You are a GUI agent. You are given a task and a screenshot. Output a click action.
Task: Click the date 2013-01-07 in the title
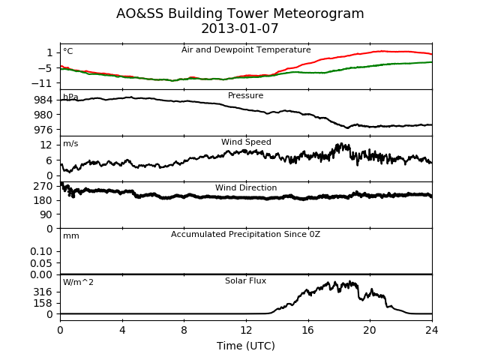(x=240, y=28)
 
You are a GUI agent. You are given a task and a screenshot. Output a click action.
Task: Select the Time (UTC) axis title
(x=246, y=346)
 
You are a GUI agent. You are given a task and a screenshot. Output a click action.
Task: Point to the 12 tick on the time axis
(x=246, y=330)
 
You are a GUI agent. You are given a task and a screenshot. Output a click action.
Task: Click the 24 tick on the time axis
(x=432, y=330)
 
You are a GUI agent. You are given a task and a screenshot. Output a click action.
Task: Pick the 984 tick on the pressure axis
(x=43, y=100)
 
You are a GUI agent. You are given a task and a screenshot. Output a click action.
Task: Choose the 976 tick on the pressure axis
(x=43, y=130)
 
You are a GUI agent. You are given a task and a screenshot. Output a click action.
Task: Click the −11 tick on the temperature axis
(x=42, y=83)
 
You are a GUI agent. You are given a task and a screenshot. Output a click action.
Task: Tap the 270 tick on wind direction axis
(x=43, y=186)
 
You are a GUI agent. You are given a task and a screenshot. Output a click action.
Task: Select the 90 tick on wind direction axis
(x=46, y=214)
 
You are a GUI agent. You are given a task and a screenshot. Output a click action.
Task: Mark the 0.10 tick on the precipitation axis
(x=41, y=252)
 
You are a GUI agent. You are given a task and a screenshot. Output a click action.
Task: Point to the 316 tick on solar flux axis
(x=43, y=292)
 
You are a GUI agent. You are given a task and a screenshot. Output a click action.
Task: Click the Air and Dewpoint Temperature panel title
(x=246, y=50)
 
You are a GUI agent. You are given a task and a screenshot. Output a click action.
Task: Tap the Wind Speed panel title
(x=246, y=142)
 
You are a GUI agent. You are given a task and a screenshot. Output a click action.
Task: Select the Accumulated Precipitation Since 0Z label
(x=245, y=235)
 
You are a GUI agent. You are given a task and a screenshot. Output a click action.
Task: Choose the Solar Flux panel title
(x=245, y=280)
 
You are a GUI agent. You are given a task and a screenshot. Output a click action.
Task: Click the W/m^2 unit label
(x=78, y=282)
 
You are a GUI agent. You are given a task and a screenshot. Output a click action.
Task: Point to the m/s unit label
(x=70, y=143)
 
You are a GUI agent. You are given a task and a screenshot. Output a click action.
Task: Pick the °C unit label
(x=68, y=51)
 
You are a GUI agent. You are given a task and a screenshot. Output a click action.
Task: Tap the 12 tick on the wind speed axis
(x=46, y=145)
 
